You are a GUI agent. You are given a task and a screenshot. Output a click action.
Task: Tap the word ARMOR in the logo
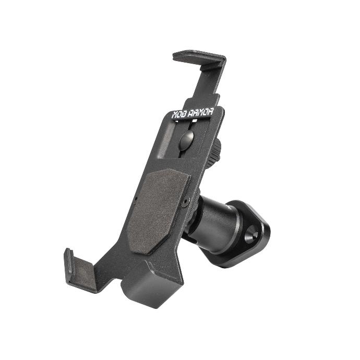tap(201, 112)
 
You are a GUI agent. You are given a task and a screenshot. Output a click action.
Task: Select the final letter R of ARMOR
tap(211, 110)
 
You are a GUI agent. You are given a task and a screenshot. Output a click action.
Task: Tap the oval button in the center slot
tap(186, 140)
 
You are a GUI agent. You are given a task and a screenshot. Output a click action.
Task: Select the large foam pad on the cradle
tap(159, 209)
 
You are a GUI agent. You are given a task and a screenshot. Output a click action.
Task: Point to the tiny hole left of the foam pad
tap(136, 198)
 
